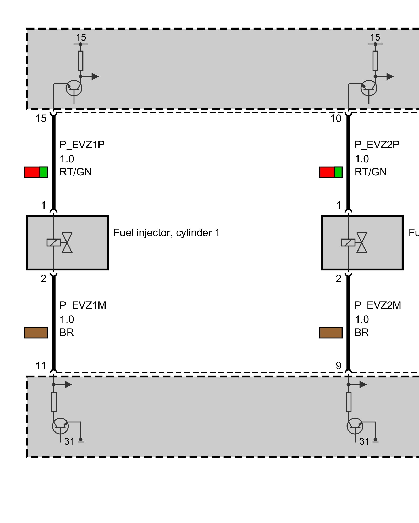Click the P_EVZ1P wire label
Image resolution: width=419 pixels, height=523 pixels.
(82, 145)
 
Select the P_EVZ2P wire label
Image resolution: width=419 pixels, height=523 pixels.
(377, 145)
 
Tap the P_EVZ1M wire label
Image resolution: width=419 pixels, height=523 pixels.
(83, 305)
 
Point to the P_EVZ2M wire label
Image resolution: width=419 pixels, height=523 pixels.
(378, 305)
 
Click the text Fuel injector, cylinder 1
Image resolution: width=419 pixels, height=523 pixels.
(167, 233)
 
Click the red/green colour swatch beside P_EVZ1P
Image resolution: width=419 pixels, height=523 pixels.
(36, 172)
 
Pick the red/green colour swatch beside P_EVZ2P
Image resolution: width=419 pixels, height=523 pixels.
(331, 172)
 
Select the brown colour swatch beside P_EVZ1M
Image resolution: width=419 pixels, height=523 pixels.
(36, 333)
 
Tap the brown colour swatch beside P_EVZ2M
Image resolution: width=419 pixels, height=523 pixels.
(331, 333)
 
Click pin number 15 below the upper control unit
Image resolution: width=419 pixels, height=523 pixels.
(41, 118)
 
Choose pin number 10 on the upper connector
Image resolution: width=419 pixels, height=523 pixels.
(336, 118)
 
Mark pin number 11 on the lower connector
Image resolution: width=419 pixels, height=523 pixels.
(41, 366)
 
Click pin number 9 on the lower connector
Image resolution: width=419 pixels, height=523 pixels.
(338, 366)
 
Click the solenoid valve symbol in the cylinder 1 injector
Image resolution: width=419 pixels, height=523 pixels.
(60, 243)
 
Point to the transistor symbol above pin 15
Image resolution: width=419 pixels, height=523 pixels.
(74, 88)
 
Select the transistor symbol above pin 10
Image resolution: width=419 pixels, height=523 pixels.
(369, 88)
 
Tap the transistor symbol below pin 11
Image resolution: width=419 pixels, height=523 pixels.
(60, 426)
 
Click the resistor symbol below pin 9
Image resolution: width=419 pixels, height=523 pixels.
(349, 402)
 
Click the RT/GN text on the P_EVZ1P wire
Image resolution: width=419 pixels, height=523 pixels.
(76, 172)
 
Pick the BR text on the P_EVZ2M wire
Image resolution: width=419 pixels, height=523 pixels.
(362, 333)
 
